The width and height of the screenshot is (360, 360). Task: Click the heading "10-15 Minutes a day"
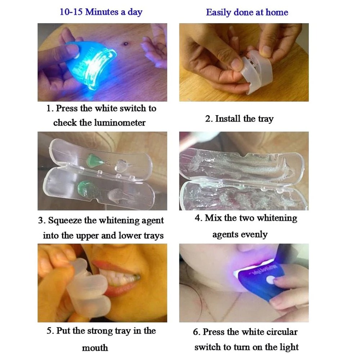(101, 12)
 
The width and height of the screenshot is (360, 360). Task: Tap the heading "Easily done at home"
(247, 12)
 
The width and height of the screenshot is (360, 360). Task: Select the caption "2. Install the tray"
(239, 119)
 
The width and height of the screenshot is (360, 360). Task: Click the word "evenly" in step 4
(254, 235)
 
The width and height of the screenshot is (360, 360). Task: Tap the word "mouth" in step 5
(95, 348)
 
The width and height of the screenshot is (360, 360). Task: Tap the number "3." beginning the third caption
(42, 220)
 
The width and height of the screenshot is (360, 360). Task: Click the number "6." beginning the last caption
(197, 332)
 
